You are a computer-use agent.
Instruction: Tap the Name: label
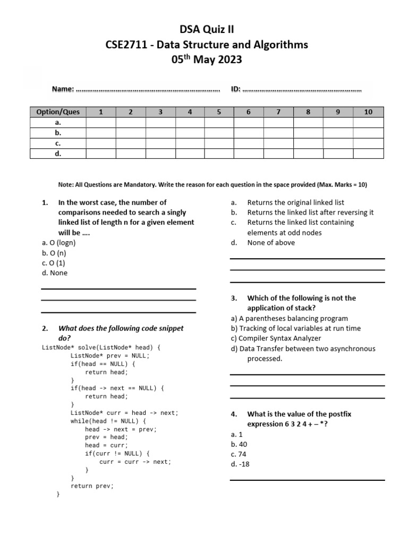[x=62, y=89]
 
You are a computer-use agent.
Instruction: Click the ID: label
[x=236, y=89]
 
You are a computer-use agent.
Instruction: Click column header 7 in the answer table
[x=278, y=112]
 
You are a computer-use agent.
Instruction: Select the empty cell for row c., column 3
[x=160, y=143]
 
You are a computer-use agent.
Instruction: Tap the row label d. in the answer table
[x=58, y=154]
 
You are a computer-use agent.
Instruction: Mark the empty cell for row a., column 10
[x=368, y=123]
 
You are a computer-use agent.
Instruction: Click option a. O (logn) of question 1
[x=58, y=243]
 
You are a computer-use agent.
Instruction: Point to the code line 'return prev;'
[x=92, y=486]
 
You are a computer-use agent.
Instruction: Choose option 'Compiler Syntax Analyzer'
[x=276, y=338]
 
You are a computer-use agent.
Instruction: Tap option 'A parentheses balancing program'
[x=290, y=318]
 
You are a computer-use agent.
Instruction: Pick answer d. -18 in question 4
[x=240, y=464]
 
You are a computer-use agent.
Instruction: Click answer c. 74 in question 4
[x=238, y=454]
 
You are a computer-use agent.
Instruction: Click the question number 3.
[x=233, y=298]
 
